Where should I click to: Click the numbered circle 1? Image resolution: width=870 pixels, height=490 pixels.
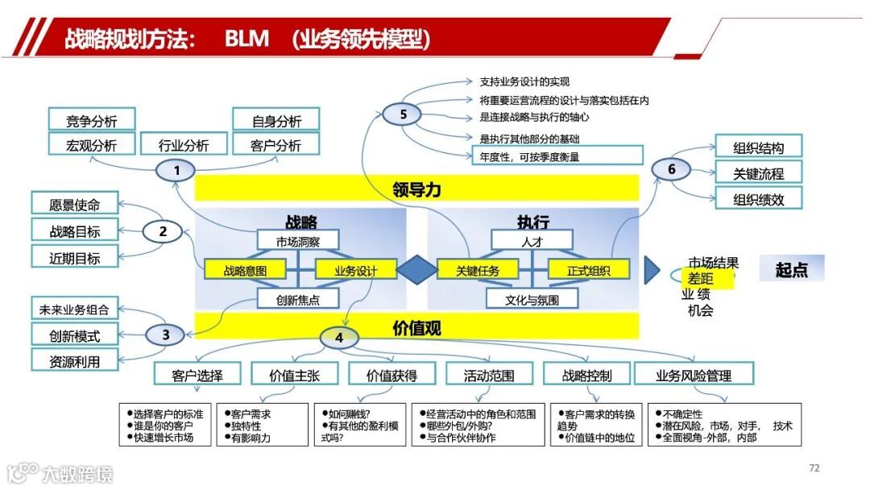pyautogui.click(x=177, y=170)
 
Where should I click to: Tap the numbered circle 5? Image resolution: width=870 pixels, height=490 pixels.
pyautogui.click(x=403, y=114)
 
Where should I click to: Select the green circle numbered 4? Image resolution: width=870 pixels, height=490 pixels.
pyautogui.click(x=339, y=338)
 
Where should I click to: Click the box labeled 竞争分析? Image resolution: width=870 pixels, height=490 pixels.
pyautogui.click(x=92, y=120)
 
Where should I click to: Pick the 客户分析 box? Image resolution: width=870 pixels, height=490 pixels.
pyautogui.click(x=276, y=145)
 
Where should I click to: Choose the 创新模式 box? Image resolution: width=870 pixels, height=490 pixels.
pyautogui.click(x=75, y=333)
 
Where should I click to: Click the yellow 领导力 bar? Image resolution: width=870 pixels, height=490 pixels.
pyautogui.click(x=416, y=189)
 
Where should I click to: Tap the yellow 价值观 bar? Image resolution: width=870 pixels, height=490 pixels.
pyautogui.click(x=416, y=327)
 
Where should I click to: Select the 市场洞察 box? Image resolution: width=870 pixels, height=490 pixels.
pyautogui.click(x=297, y=241)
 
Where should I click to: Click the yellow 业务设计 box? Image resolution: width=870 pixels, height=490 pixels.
pyautogui.click(x=355, y=270)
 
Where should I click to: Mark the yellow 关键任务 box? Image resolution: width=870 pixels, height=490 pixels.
pyautogui.click(x=478, y=270)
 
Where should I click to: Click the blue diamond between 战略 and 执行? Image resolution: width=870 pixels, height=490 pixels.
pyautogui.click(x=417, y=270)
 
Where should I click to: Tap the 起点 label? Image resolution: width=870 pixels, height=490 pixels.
pyautogui.click(x=791, y=269)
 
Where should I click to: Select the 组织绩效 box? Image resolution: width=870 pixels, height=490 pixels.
pyautogui.click(x=758, y=198)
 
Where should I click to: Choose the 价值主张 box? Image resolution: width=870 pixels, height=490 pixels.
pyautogui.click(x=293, y=375)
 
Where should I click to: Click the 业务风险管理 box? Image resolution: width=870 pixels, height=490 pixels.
pyautogui.click(x=694, y=375)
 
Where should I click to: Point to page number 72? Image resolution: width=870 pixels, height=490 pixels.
pyautogui.click(x=814, y=468)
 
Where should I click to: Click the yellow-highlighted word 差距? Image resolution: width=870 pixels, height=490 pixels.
pyautogui.click(x=700, y=278)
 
